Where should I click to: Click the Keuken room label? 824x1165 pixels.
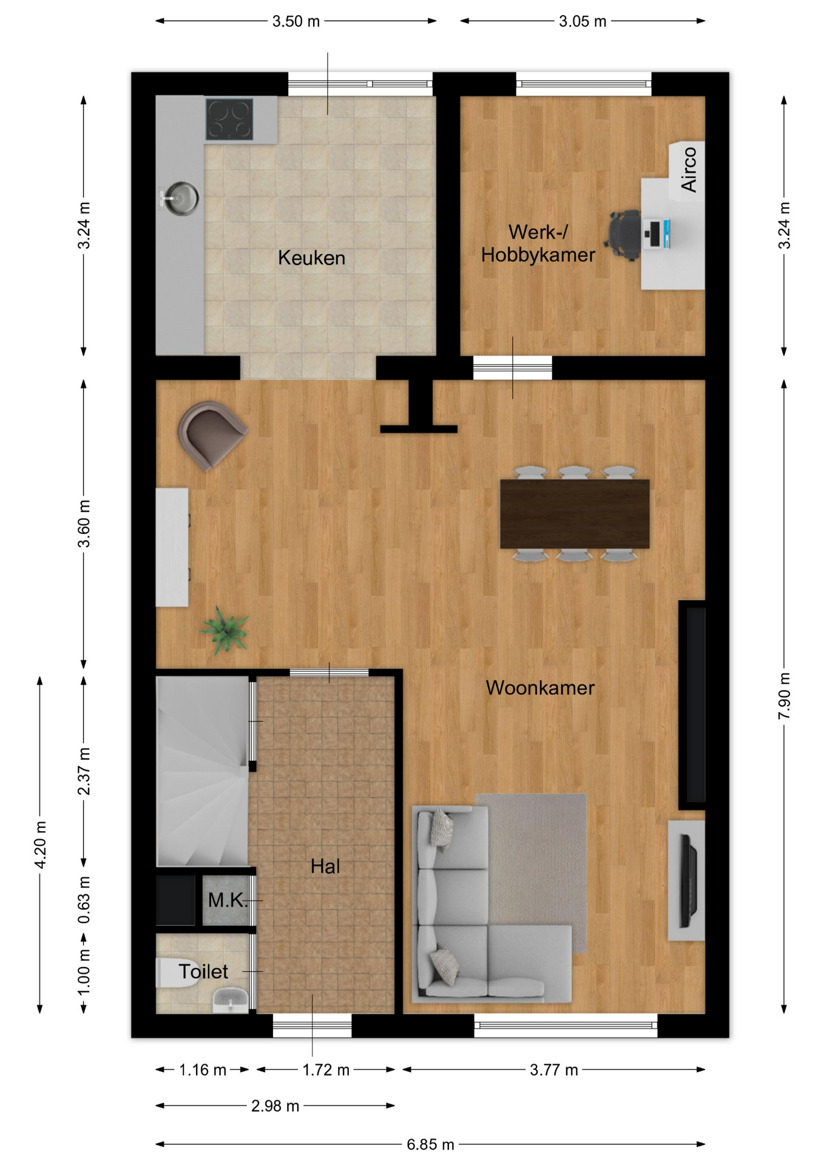pos(311,258)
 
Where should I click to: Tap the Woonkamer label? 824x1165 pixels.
pos(540,687)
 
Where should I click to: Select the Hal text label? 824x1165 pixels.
pos(325,866)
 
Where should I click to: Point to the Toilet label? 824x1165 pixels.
pos(203,971)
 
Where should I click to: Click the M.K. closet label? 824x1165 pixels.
pos(228,900)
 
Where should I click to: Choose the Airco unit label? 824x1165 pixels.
pos(689,169)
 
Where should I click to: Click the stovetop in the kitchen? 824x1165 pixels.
pos(229,119)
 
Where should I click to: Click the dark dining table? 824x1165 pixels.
pos(575,514)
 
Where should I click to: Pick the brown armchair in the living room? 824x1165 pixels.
pos(211,434)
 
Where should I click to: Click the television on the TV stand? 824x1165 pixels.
pos(688,880)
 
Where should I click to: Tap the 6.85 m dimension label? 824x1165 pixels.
pos(430,1144)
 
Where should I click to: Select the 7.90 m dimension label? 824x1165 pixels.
pos(784,696)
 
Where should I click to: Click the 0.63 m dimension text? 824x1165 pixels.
pos(84,900)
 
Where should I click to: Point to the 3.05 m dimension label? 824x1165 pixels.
pos(583,21)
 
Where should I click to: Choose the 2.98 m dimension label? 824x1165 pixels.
pos(275,1106)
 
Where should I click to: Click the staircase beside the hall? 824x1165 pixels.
pos(202,771)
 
